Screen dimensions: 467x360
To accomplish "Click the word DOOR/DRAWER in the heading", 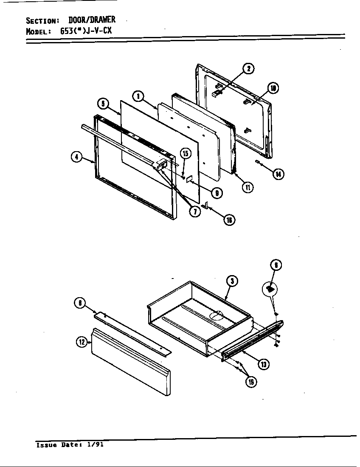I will [92, 20].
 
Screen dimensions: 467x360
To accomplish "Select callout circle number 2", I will [249, 69].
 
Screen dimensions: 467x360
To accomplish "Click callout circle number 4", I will [76, 157].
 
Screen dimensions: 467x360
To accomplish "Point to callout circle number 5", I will [102, 103].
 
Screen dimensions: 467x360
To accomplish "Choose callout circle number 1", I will [138, 96].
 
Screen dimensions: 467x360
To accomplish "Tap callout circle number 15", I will [185, 153].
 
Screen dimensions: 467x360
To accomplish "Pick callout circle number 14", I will [278, 174].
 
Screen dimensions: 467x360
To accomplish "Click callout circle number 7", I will [195, 211].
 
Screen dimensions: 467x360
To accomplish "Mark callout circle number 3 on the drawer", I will [231, 281].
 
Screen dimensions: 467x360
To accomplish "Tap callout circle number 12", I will [82, 341].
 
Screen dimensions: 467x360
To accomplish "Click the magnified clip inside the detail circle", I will [270, 289].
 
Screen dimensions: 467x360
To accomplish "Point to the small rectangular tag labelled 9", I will [190, 180].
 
